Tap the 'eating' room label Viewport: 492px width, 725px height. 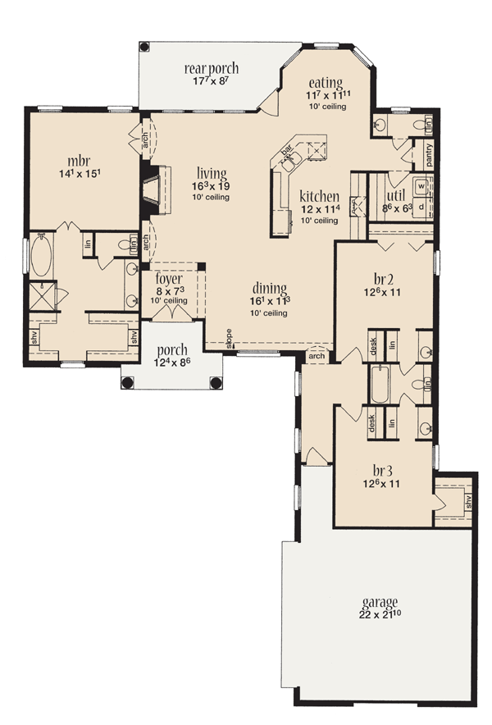325,83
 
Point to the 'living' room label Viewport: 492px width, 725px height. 212,173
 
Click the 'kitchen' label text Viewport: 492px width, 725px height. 319,197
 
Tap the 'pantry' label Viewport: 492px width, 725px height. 429,153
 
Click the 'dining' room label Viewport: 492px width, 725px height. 269,289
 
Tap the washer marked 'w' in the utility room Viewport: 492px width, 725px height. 421,186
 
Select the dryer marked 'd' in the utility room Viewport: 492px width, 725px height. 421,206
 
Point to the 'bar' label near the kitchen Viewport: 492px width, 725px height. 288,152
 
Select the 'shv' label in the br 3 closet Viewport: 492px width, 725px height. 468,499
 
